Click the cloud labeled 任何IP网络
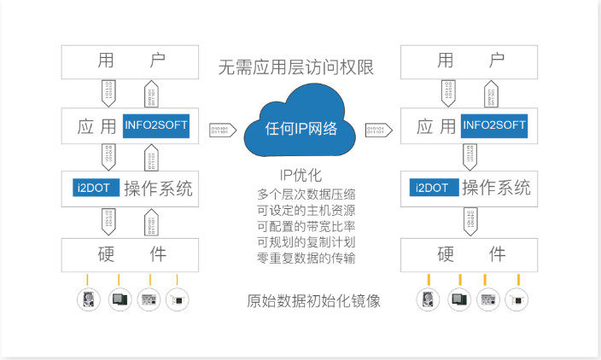point(300,129)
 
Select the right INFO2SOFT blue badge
point(494,126)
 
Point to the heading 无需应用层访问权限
point(296,67)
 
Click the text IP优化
point(300,176)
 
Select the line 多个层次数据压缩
point(300,195)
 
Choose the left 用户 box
point(131,61)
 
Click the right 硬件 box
point(470,255)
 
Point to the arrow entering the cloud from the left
point(222,130)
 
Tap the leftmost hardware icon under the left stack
point(88,299)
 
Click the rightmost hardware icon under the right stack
point(516,299)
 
